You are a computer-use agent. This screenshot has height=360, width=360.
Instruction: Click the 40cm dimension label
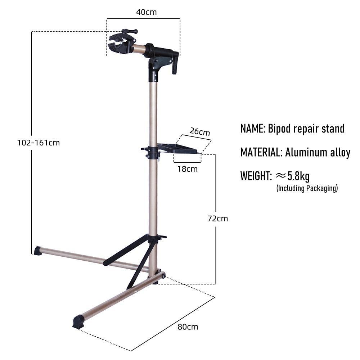[x=147, y=12]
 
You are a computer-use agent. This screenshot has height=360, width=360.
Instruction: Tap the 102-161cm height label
[x=39, y=143]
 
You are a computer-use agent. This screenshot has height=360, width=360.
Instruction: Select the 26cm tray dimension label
[x=200, y=132]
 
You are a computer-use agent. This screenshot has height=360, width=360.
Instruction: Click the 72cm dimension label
[x=218, y=219]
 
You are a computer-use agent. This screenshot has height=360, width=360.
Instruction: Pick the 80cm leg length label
[x=188, y=327]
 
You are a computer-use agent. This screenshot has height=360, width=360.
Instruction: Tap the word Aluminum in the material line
[x=306, y=152]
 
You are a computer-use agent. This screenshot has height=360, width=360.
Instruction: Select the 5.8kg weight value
[x=298, y=176]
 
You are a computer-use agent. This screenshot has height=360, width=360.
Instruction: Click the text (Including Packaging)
[x=307, y=188]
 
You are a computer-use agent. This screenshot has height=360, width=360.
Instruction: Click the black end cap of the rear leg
[x=38, y=250]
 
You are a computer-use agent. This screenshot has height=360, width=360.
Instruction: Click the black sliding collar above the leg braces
[x=154, y=238]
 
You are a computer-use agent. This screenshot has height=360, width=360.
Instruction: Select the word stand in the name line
[x=333, y=129]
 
